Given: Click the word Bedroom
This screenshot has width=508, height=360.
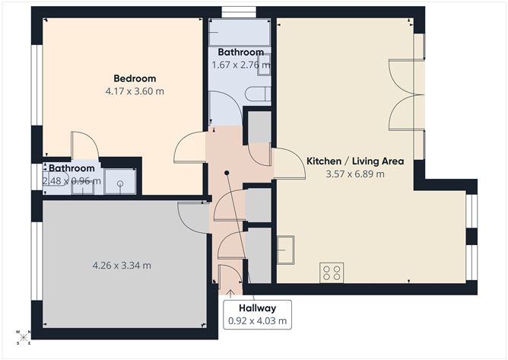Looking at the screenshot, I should tap(135, 78).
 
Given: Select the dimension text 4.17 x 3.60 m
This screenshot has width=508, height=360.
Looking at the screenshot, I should tap(135, 91).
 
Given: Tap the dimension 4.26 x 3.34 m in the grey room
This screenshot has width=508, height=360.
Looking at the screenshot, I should tap(121, 266).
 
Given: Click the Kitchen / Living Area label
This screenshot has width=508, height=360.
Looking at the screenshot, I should tap(354, 161).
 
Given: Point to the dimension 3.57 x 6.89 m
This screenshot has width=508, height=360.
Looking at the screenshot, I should tap(354, 174).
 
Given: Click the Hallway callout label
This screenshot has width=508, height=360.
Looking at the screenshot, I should tap(256, 307).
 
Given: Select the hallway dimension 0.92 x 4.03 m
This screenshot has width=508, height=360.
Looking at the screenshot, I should tap(256, 320).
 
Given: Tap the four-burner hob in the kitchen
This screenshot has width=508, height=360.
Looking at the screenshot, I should tap(332, 272).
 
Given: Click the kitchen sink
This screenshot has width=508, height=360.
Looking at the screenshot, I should tap(286, 250).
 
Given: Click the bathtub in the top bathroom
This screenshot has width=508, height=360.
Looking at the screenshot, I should tap(240, 33).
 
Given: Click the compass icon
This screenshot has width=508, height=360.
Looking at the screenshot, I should tap(24, 336).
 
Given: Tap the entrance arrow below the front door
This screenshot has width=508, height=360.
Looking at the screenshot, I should tap(230, 292).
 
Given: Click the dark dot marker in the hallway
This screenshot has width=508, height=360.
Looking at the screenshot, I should tap(227, 174).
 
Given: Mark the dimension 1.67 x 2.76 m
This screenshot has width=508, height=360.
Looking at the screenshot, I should tap(240, 65).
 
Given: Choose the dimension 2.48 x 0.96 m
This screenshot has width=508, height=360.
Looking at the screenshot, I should tap(71, 181).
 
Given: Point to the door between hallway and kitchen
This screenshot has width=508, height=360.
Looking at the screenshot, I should tap(286, 164).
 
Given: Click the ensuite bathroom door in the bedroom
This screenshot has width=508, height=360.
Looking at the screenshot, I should tap(83, 146).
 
